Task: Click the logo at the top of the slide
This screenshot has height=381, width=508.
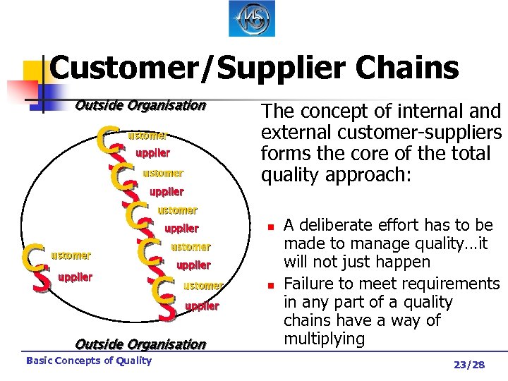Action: pos(253,18)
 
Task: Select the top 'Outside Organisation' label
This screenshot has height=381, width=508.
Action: pos(140,106)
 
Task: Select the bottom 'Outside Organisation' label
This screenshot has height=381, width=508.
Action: pos(140,344)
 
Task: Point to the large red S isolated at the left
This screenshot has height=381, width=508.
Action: pos(42,279)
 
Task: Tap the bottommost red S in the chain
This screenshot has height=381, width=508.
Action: pos(167,308)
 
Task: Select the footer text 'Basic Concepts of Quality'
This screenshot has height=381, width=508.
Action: pos(88,361)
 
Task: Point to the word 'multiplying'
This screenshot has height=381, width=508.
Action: pos(324,339)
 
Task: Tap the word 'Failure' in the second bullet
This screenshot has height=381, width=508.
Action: pos(308,284)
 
